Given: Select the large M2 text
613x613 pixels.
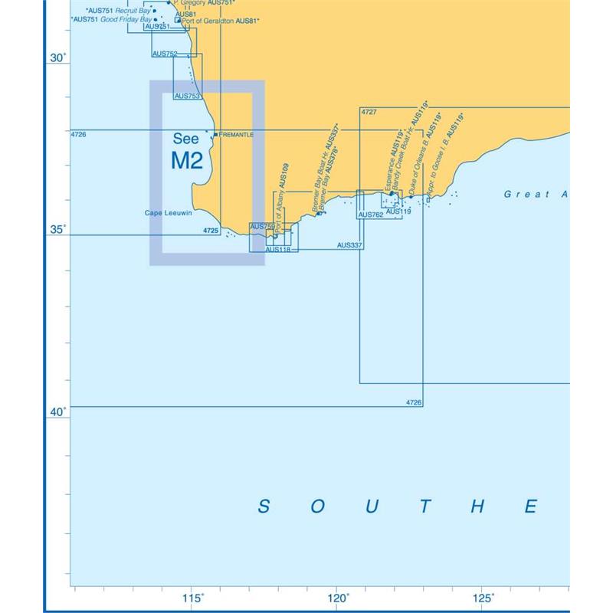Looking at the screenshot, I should click(187, 161).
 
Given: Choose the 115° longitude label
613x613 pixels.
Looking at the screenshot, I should click(192, 598).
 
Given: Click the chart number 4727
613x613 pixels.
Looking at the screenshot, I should click(369, 113).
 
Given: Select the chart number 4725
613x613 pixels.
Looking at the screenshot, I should click(211, 230).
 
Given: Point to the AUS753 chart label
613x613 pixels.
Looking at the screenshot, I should click(188, 96).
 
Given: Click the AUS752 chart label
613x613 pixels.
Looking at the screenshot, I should click(165, 54).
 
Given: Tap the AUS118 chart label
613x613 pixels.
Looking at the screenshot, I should click(277, 249).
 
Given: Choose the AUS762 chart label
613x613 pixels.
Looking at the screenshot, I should click(371, 215).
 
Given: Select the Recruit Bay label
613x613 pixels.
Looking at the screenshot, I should click(133, 11).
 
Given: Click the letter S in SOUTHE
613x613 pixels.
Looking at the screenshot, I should click(264, 506).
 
